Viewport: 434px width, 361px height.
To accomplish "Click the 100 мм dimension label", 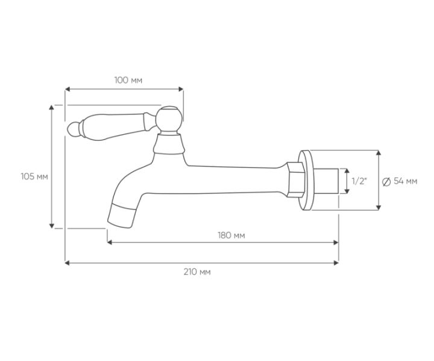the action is [128, 81].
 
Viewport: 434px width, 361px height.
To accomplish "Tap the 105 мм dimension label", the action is [34, 176].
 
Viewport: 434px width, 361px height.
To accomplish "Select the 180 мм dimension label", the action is [231, 236].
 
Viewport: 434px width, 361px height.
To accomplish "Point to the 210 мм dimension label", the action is [197, 272].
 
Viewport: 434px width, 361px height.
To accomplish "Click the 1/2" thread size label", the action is [359, 181].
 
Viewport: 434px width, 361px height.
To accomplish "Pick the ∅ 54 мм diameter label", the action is [400, 181].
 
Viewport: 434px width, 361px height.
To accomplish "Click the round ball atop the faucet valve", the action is [169, 119].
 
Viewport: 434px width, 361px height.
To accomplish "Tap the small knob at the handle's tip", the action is [74, 129].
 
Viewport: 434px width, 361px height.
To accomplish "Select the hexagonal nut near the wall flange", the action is [295, 180].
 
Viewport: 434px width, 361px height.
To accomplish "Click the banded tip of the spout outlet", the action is [122, 216].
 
